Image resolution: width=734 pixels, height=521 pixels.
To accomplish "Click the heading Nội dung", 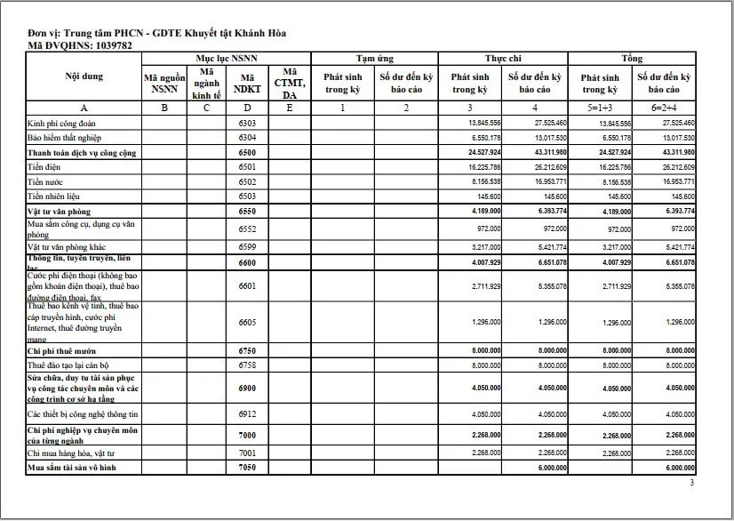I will tap(84, 76).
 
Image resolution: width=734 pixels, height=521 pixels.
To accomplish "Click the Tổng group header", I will tap(632, 58).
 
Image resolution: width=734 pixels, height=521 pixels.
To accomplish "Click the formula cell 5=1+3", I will tap(600, 107).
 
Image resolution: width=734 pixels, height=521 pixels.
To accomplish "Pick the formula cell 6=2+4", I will tap(664, 107).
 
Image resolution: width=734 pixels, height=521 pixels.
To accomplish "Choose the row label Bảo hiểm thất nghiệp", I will tap(65, 138).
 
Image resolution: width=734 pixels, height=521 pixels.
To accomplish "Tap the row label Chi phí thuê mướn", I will tap(63, 351).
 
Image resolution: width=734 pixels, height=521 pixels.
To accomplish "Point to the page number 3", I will tap(692, 483).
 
